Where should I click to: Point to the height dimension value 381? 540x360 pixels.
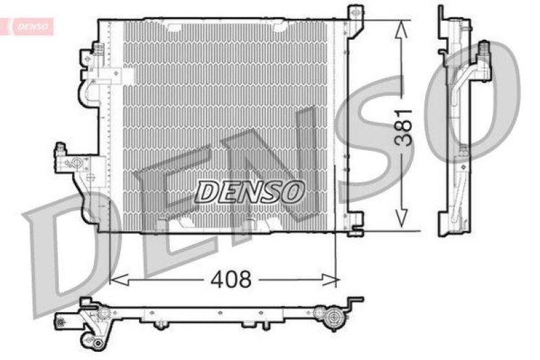403,127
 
